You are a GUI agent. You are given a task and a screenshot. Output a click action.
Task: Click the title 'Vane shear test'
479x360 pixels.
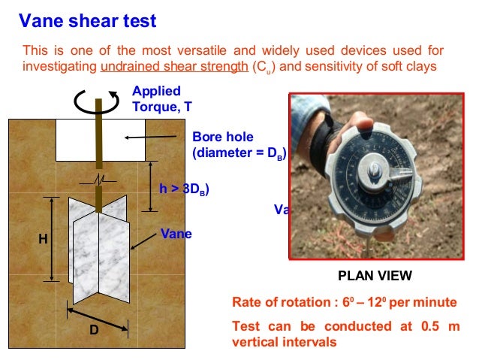point(88,21)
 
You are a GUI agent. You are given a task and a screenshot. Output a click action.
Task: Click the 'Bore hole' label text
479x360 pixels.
point(223,138)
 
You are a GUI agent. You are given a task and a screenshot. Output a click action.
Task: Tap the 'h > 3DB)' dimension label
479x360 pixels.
point(184,189)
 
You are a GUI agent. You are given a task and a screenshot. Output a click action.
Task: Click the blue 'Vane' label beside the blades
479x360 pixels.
point(176,234)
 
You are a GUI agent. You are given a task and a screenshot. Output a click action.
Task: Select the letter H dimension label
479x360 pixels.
point(43,239)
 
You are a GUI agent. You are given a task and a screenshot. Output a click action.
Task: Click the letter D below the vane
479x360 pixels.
point(95,330)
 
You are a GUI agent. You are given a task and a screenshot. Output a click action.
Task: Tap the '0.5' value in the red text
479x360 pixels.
point(424,326)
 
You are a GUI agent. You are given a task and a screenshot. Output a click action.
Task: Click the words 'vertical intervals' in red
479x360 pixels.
point(285,342)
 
